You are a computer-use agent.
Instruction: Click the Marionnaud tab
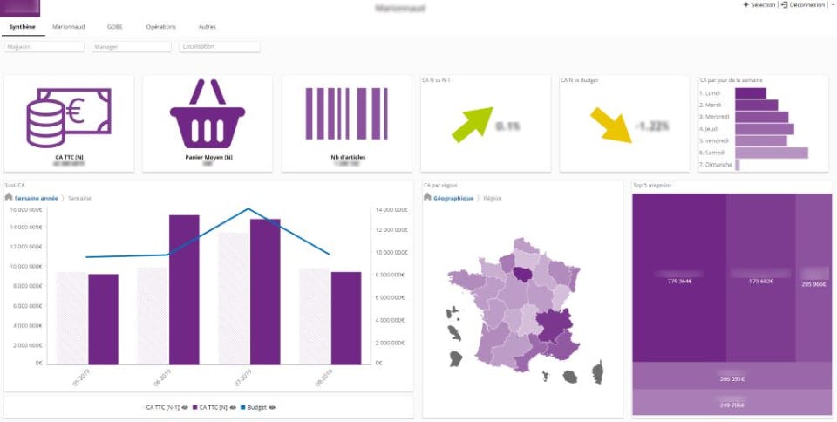[x=68, y=27]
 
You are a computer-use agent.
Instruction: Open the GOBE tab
[x=115, y=27]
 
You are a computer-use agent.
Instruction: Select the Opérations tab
[x=160, y=27]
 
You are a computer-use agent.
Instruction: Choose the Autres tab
[x=207, y=27]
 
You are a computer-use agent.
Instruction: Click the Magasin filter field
[x=44, y=46]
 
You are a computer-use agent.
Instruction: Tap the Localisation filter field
[x=220, y=46]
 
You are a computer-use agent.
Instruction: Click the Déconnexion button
[x=804, y=5]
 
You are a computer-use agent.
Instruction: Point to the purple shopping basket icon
[x=207, y=114]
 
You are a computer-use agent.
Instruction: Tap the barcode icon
[x=345, y=114]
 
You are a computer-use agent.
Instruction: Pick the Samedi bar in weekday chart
[x=771, y=153]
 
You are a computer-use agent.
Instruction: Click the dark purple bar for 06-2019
[x=184, y=289]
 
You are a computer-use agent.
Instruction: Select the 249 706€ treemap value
[x=732, y=405]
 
